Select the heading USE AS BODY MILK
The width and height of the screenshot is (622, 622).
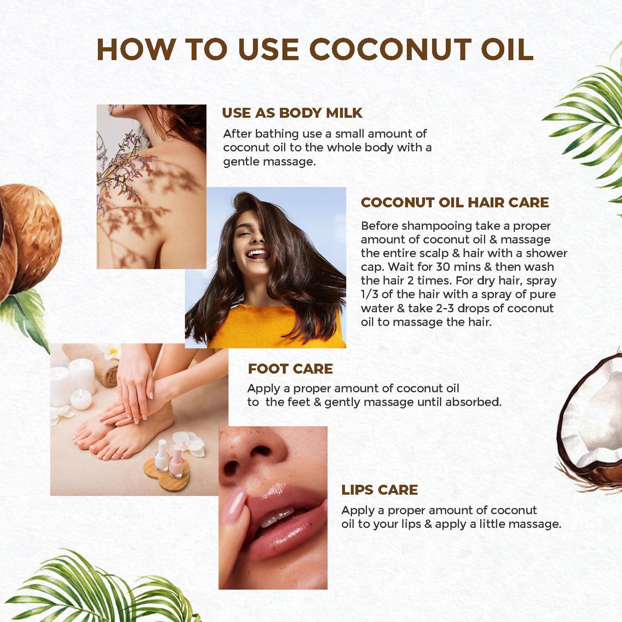292,113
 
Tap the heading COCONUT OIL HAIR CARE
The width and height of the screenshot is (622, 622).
454,202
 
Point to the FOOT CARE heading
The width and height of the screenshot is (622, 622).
290,369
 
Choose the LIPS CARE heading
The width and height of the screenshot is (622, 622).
379,490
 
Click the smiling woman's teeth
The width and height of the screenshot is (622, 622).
257,253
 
